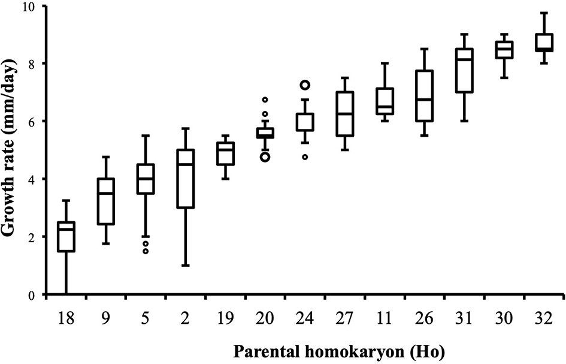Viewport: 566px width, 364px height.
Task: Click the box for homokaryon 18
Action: pyautogui.click(x=65, y=236)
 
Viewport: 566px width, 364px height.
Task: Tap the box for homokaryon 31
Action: pyautogui.click(x=464, y=70)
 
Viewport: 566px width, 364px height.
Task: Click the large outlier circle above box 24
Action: pyautogui.click(x=305, y=85)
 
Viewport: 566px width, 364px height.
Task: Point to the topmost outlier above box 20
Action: pyautogui.click(x=265, y=100)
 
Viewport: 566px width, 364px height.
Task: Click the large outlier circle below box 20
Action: pyautogui.click(x=265, y=157)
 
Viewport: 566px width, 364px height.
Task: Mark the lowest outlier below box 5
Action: pyautogui.click(x=146, y=251)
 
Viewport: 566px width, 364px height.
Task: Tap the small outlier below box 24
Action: pyautogui.click(x=305, y=157)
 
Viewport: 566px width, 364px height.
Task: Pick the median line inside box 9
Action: pyautogui.click(x=105, y=193)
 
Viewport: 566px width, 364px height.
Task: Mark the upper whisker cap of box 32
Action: pyautogui.click(x=544, y=13)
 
